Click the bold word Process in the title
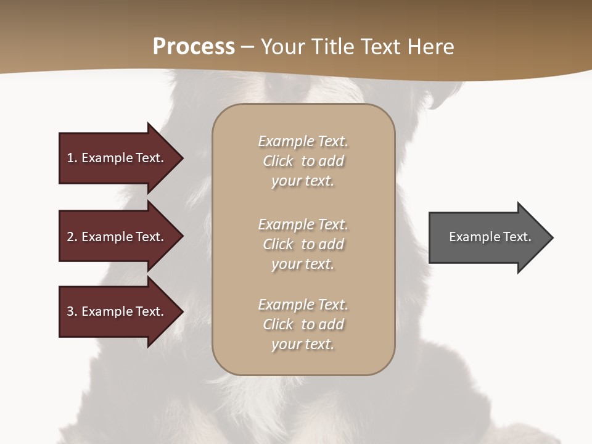194,47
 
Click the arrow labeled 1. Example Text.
117,158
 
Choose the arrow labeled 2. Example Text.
117,237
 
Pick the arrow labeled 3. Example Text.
117,311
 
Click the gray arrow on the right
487,237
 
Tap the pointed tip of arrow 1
181,158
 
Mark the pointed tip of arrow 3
181,311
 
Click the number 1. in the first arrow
72,158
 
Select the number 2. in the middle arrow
72,237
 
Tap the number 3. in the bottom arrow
72,311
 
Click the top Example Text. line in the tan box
303,141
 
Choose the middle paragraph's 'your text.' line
303,264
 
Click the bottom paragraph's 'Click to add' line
303,324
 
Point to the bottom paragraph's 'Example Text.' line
303,305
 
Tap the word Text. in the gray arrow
517,237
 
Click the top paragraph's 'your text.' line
303,181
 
